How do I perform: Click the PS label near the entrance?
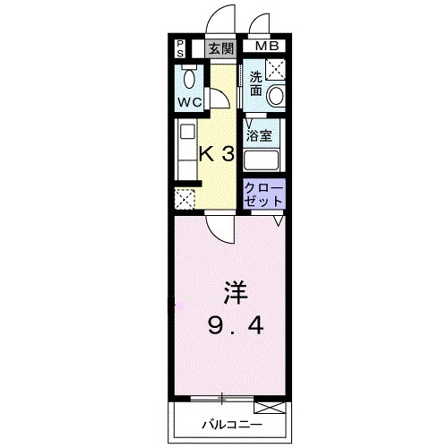pyautogui.click(x=179, y=47)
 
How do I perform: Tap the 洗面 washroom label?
pyautogui.click(x=256, y=82)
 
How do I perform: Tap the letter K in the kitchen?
pyautogui.click(x=206, y=153)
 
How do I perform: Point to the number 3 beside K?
pyautogui.click(x=228, y=153)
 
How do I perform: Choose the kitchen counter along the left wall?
pyautogui.click(x=185, y=152)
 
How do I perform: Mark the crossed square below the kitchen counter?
pyautogui.click(x=186, y=199)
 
